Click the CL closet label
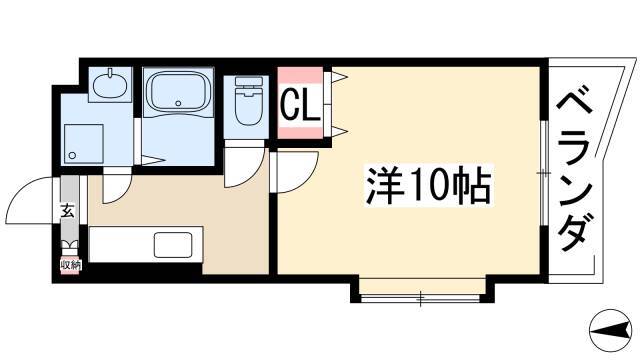[300, 104]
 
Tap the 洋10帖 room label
[429, 185]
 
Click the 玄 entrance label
[68, 210]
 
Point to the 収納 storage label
[70, 265]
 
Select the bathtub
[178, 91]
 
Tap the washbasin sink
[110, 84]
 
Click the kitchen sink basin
[173, 244]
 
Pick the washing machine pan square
[84, 144]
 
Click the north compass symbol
[612, 330]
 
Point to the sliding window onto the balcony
[544, 173]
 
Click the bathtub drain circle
[178, 103]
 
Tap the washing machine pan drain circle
[72, 155]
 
